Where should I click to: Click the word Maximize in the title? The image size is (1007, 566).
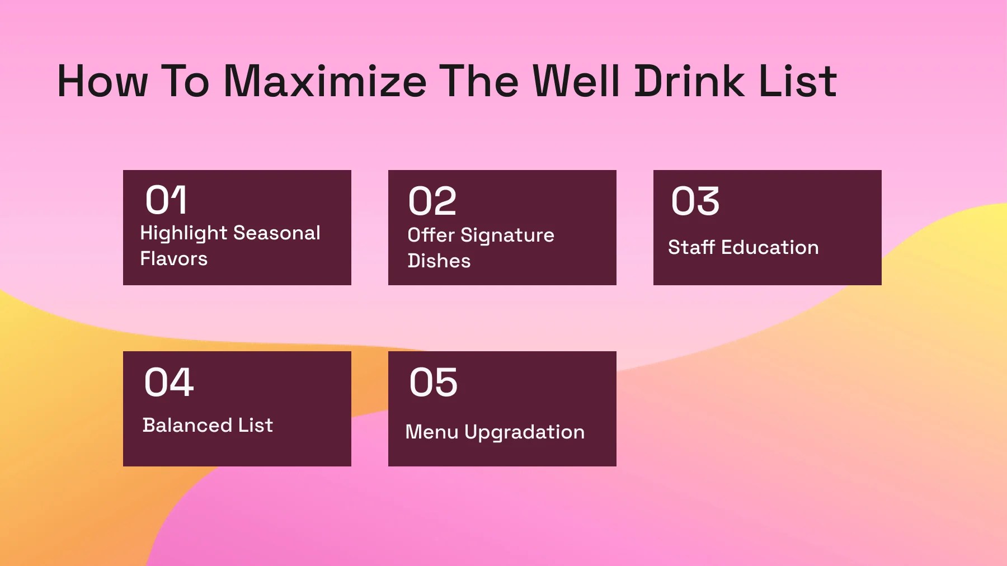click(325, 82)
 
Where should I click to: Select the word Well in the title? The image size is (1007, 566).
click(576, 82)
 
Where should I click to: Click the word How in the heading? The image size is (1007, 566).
click(102, 82)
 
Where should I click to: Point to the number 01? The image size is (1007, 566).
click(166, 200)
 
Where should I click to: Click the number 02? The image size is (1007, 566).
click(432, 201)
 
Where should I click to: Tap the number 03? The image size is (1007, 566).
click(695, 201)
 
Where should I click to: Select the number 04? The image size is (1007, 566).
click(168, 383)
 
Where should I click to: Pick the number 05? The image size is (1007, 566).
click(433, 383)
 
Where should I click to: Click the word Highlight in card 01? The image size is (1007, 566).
click(183, 233)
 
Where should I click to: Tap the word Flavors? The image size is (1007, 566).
click(173, 259)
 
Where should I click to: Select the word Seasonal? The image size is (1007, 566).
click(276, 233)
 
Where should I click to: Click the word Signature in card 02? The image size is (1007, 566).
click(507, 235)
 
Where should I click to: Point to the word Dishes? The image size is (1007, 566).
click(439, 261)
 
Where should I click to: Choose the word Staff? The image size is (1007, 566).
click(691, 247)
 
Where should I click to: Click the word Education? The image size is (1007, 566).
click(770, 247)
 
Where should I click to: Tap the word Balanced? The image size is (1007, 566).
click(187, 425)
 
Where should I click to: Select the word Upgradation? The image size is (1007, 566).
click(524, 432)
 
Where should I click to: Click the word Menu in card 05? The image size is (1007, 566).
click(431, 432)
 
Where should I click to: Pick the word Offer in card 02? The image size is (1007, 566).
click(431, 235)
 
